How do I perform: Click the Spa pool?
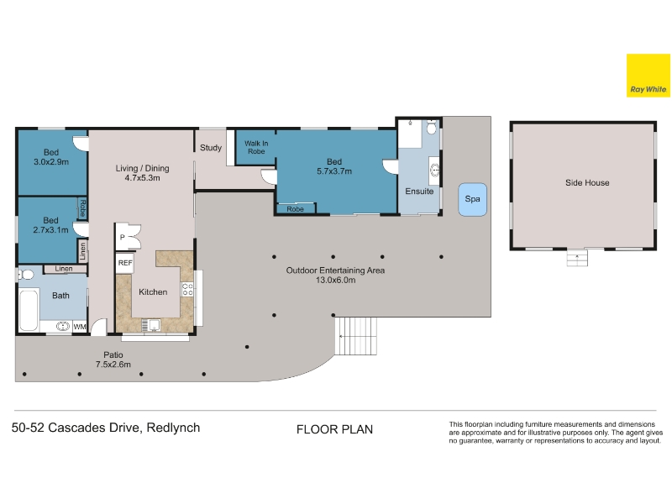click(472, 199)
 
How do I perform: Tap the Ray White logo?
click(648, 76)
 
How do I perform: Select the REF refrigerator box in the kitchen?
click(125, 263)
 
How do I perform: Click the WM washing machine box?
click(80, 327)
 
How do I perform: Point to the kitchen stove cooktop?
click(187, 289)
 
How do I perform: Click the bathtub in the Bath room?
click(29, 311)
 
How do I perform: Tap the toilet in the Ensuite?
click(431, 128)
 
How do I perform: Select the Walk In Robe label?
click(256, 148)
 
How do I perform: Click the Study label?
click(211, 148)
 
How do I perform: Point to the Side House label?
click(587, 182)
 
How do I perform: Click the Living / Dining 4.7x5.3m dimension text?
click(142, 178)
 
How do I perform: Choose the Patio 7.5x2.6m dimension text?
click(113, 365)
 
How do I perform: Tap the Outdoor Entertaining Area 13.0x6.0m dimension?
click(335, 281)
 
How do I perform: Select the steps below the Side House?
click(577, 258)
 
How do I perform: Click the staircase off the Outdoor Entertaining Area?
click(355, 336)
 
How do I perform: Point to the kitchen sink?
click(151, 325)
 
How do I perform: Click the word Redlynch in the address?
click(173, 428)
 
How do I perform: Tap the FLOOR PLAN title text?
click(334, 429)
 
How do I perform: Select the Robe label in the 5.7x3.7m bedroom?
click(296, 209)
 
